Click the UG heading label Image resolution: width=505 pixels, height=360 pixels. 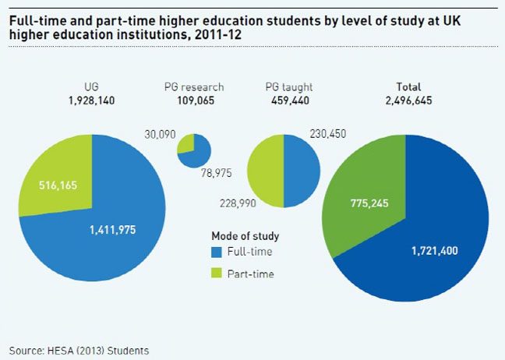click(x=91, y=87)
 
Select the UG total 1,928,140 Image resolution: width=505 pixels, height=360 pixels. click(x=91, y=101)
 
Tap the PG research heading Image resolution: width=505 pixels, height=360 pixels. click(x=193, y=87)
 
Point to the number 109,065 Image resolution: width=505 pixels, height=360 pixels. click(x=193, y=101)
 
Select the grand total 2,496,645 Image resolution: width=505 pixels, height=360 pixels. click(x=408, y=101)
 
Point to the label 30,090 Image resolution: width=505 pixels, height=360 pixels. click(x=159, y=134)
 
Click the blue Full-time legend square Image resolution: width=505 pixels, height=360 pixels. click(x=217, y=252)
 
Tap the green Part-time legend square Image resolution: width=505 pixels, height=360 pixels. click(x=217, y=273)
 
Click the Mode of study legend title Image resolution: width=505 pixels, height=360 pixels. click(x=245, y=235)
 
